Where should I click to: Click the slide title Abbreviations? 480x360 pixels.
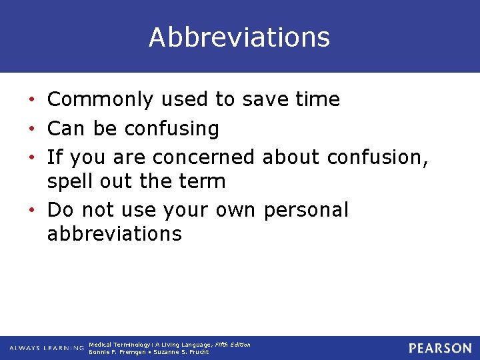click(239, 37)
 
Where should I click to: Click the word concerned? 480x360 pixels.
click(203, 157)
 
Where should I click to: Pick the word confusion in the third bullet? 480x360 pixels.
click(375, 157)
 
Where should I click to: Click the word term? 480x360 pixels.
click(203, 181)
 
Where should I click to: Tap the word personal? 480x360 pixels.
click(306, 210)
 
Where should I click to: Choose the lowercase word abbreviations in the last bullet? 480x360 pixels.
click(114, 234)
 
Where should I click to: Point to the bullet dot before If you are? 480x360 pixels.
click(33, 158)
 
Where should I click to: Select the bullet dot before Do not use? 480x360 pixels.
click(33, 211)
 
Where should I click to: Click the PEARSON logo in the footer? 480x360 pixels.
click(440, 348)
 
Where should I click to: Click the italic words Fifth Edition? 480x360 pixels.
click(233, 345)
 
